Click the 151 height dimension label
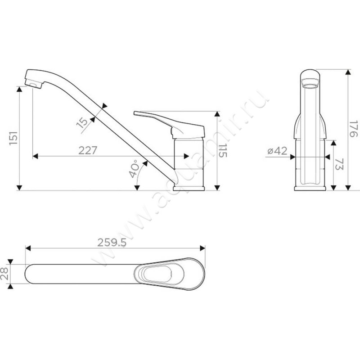13,138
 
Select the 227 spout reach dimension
88,151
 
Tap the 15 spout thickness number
82,122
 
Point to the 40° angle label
134,169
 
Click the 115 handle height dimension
222,151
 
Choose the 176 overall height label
354,129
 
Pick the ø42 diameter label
277,151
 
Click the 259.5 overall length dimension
112,243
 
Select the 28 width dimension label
4,274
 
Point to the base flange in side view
189,189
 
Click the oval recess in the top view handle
159,274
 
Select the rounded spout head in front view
310,78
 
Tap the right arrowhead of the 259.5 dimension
202,248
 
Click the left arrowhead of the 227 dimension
35,156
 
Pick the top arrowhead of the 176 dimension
348,72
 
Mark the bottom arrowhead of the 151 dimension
19,188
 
